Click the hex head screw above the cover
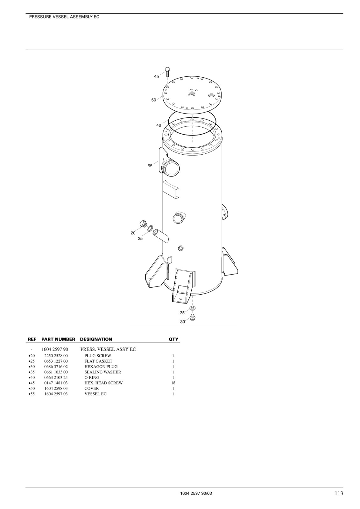pyautogui.click(x=167, y=72)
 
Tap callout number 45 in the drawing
pyautogui.click(x=157, y=77)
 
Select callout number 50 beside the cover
pyautogui.click(x=154, y=100)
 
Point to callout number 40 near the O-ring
pyautogui.click(x=159, y=125)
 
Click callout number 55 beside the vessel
pyautogui.click(x=150, y=166)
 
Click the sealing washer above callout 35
pyautogui.click(x=192, y=308)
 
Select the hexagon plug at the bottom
pyautogui.click(x=192, y=317)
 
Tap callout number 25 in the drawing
pyautogui.click(x=140, y=238)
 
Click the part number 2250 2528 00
pyautogui.click(x=56, y=356)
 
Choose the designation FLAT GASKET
pyautogui.click(x=98, y=361)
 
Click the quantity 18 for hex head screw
pyautogui.click(x=173, y=383)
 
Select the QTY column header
pyautogui.click(x=173, y=339)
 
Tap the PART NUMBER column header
pyautogui.click(x=58, y=339)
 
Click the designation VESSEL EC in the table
pyautogui.click(x=95, y=394)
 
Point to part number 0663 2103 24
pyautogui.click(x=56, y=377)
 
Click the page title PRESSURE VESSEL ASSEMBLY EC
pyautogui.click(x=64, y=17)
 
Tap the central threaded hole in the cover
pyautogui.click(x=191, y=94)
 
